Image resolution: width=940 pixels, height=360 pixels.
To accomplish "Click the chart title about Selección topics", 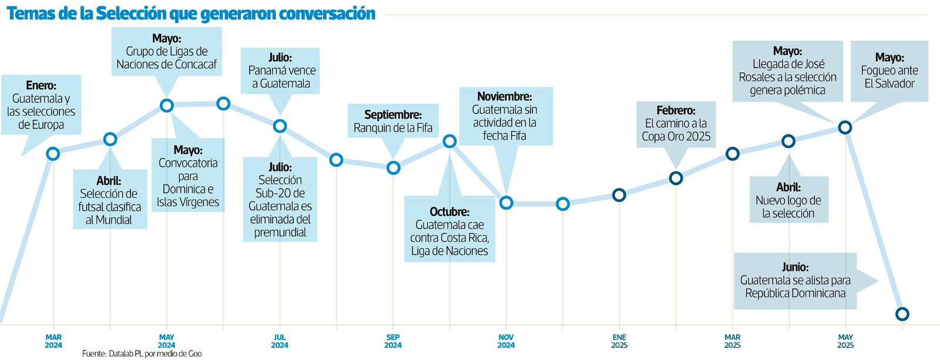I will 190,14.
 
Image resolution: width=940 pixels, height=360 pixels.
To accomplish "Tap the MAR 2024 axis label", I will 53,341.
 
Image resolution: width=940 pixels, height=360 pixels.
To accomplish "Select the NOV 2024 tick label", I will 506,341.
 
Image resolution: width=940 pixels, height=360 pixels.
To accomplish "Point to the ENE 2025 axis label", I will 619,341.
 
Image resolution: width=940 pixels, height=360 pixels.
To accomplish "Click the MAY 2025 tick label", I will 845,341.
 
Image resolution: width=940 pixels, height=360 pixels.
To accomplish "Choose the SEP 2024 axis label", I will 393,341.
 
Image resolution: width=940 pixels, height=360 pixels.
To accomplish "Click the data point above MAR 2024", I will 53,154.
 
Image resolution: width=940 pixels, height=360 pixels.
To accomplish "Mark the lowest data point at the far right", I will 902,314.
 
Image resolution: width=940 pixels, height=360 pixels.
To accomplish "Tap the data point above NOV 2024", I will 506,203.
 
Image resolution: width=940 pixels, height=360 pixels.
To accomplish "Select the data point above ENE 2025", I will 619,195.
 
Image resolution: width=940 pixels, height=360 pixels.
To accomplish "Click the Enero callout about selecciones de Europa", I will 41,105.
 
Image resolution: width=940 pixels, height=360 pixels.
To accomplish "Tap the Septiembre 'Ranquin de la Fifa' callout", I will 393,121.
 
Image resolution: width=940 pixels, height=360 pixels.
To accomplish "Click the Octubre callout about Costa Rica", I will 449,231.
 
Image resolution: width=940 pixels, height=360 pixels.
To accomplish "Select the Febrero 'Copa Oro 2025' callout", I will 676,124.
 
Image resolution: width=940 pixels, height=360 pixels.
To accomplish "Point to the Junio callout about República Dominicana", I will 795,281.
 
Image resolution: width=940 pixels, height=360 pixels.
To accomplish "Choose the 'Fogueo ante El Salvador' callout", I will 889,71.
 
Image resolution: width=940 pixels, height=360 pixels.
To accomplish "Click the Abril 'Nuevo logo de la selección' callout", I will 788,200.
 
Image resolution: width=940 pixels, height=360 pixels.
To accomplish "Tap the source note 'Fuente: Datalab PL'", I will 142,354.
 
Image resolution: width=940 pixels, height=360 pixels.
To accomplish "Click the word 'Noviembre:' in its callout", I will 505,96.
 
